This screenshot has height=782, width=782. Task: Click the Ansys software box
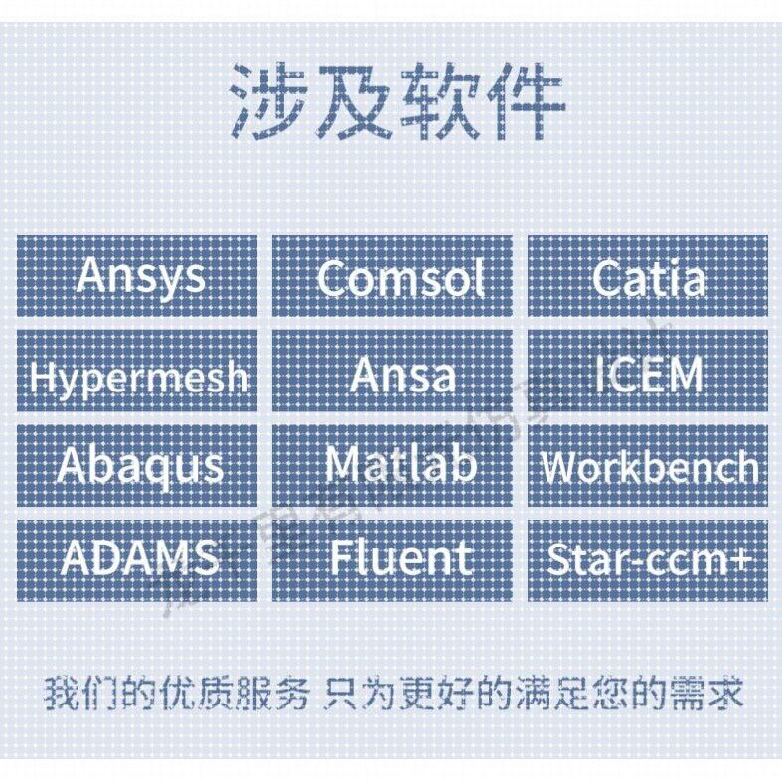click(137, 276)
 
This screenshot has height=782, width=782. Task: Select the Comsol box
click(392, 276)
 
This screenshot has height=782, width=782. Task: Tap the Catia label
click(648, 276)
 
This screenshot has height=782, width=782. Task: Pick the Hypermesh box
click(137, 373)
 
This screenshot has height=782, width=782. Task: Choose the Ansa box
click(392, 373)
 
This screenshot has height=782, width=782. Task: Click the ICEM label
click(648, 373)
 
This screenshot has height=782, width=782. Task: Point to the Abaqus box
click(137, 465)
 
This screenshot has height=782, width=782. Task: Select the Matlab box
click(392, 465)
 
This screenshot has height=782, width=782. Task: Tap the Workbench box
click(648, 465)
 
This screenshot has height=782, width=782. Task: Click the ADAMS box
click(137, 559)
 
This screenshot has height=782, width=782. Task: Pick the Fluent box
click(392, 559)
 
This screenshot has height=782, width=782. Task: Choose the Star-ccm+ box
click(648, 559)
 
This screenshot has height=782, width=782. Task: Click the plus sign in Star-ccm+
click(740, 561)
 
